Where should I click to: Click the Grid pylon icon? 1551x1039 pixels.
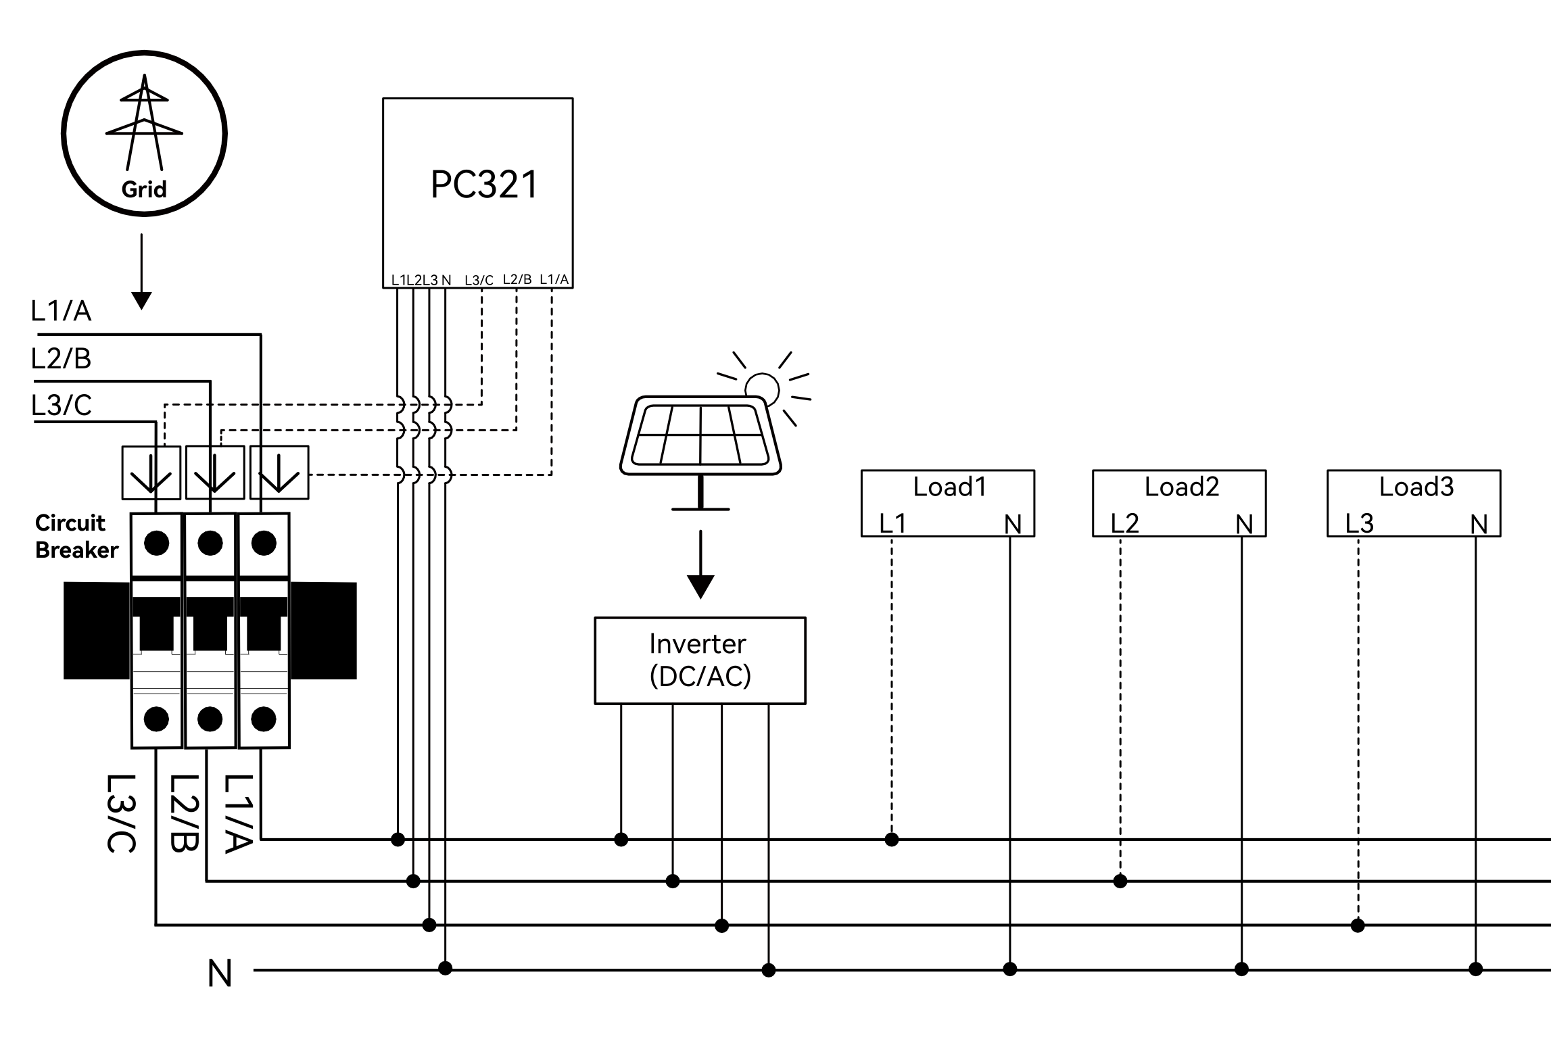tap(144, 122)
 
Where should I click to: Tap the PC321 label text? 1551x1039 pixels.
tap(484, 185)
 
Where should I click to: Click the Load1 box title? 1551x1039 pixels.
tap(949, 487)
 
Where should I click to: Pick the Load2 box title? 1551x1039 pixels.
tap(1181, 487)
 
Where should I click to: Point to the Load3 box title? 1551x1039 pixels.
tap(1416, 487)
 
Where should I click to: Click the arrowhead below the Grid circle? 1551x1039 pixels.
tap(141, 301)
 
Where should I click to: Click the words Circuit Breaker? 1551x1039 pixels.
tap(76, 536)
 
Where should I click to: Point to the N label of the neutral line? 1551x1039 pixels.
tap(220, 974)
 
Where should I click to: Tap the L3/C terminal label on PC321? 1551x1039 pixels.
tap(479, 280)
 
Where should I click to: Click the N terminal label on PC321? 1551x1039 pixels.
tap(446, 280)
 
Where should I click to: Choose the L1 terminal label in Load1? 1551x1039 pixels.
tap(892, 523)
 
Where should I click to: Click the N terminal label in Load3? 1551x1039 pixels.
tap(1479, 524)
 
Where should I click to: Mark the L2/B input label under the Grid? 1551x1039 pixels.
tap(61, 358)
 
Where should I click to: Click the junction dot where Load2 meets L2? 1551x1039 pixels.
tap(1120, 881)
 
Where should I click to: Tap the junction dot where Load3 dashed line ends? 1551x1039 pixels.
tap(1358, 925)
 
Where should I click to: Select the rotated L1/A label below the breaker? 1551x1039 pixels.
tap(239, 814)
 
